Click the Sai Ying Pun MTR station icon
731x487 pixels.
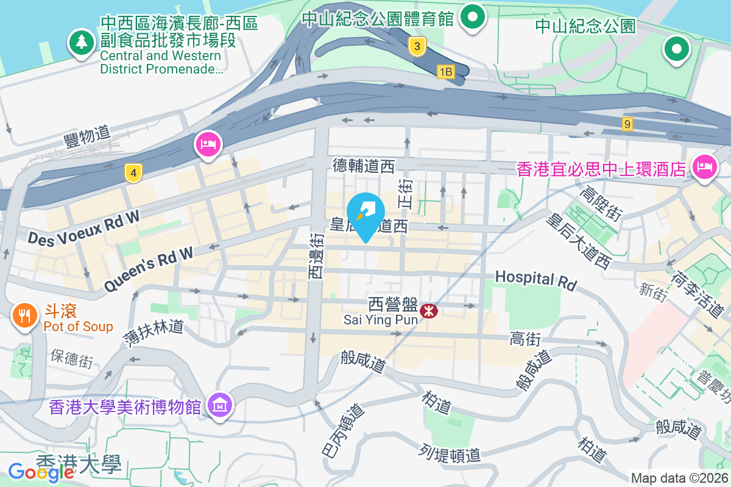429,311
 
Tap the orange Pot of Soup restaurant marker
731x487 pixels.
24,315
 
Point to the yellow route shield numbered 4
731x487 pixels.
133,173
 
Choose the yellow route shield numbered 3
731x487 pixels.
417,46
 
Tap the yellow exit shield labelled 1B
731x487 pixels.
446,72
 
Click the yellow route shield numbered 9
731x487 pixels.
627,124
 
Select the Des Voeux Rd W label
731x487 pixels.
83,228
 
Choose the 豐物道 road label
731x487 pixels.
87,136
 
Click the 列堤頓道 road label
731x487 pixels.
450,452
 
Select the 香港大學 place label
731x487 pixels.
79,464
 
